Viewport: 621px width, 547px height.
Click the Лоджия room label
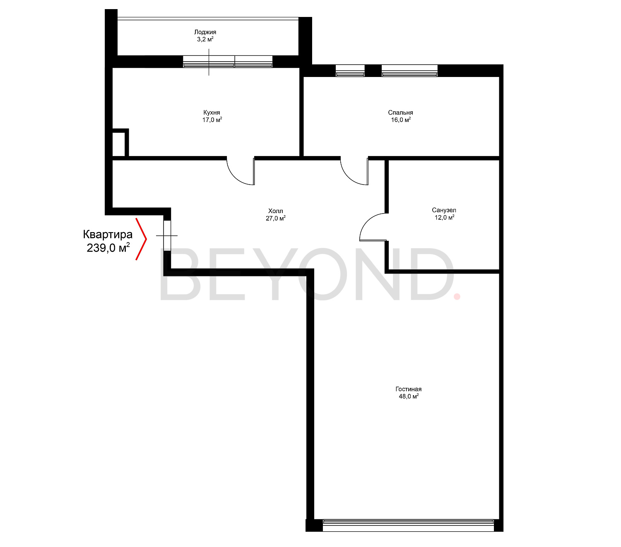click(x=205, y=32)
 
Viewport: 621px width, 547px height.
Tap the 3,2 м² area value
click(x=205, y=40)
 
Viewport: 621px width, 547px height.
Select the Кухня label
click(x=212, y=113)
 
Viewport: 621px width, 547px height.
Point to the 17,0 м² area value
click(x=212, y=120)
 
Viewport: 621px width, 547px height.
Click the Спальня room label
click(x=400, y=113)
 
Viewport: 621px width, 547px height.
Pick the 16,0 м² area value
click(x=401, y=120)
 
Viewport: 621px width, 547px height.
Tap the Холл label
click(x=275, y=211)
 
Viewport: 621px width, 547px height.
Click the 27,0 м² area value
click(x=275, y=218)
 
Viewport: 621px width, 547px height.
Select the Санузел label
click(x=444, y=210)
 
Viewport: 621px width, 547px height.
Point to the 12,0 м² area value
click(x=444, y=218)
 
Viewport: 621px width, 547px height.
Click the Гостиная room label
click(x=408, y=389)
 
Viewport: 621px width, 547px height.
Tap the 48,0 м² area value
click(x=409, y=396)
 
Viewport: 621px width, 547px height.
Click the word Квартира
click(x=108, y=235)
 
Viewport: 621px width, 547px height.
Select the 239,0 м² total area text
click(x=108, y=248)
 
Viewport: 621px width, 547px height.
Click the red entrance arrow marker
click(x=142, y=239)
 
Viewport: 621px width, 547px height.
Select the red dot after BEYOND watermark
click(x=457, y=296)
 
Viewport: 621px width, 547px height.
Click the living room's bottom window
click(x=408, y=524)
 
